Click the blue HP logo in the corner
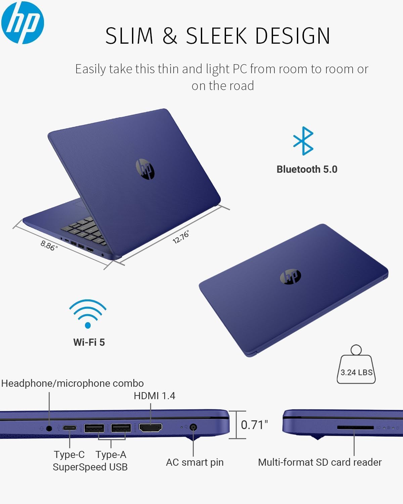[x=23, y=23]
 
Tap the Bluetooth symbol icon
[x=303, y=141]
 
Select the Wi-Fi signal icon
[x=88, y=314]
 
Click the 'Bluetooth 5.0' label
[x=307, y=169]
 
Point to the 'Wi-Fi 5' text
[x=89, y=342]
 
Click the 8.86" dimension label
[x=49, y=245]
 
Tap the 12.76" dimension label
[x=181, y=237]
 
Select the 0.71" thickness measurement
[x=254, y=425]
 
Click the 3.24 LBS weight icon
[x=356, y=364]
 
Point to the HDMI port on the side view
[x=150, y=427]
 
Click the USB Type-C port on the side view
[x=70, y=428]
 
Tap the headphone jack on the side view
[x=49, y=428]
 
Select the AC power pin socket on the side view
[x=193, y=427]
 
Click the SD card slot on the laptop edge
[x=355, y=428]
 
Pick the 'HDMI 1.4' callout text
[x=154, y=396]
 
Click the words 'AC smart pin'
[x=194, y=462]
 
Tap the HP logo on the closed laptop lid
[x=290, y=276]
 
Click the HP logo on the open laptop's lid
[x=145, y=169]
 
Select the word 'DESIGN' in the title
[x=293, y=36]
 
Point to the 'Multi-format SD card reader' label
[x=320, y=462]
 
